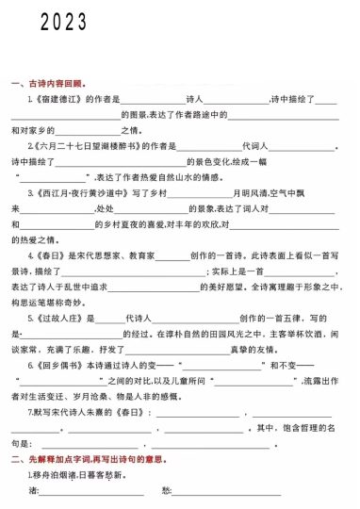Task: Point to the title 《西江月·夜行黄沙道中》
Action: point(80,193)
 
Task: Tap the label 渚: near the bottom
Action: point(33,491)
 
